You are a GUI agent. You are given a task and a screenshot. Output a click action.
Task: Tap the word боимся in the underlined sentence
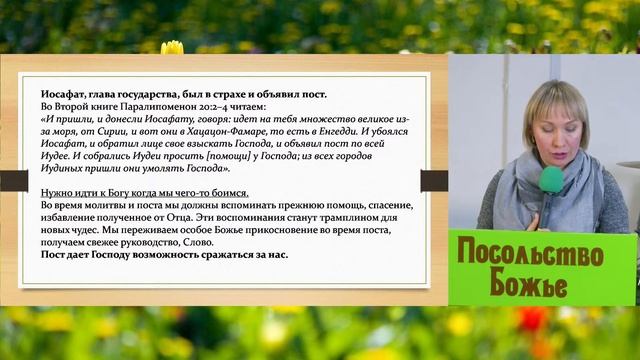226,192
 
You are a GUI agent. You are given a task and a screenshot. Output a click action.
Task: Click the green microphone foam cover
551,181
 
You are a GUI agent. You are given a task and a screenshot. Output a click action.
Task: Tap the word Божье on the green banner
531,285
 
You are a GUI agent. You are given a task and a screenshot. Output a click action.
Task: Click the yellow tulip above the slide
172,47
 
